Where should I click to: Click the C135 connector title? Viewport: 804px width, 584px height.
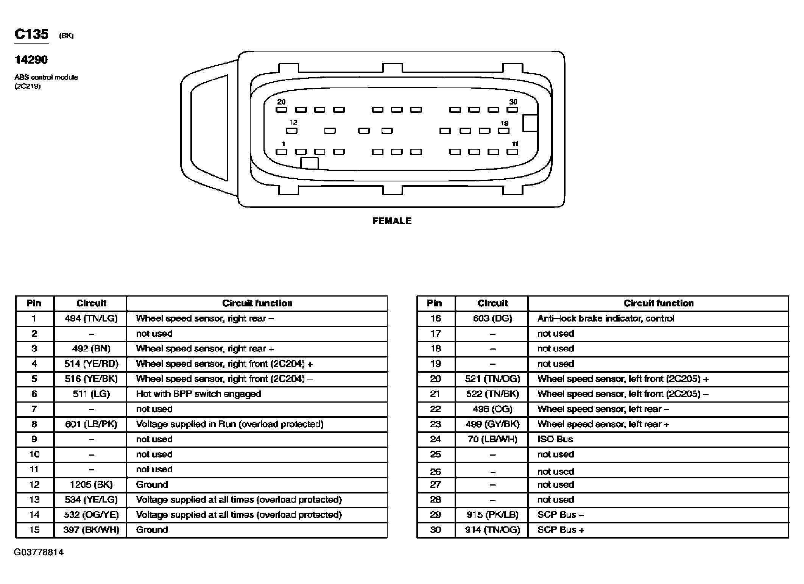click(x=31, y=34)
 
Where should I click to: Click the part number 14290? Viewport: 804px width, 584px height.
click(x=31, y=59)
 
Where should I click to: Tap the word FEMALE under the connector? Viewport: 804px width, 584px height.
click(x=392, y=221)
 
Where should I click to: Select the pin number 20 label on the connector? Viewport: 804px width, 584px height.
click(x=281, y=102)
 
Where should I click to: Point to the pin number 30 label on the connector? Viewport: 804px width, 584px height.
click(x=513, y=102)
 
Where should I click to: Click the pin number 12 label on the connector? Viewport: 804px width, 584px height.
click(x=293, y=122)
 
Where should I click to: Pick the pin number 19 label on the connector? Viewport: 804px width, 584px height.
click(x=504, y=123)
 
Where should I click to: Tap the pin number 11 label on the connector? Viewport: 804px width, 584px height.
click(x=515, y=144)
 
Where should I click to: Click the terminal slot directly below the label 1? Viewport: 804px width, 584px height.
click(x=281, y=152)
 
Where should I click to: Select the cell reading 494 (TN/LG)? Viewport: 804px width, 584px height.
click(x=91, y=319)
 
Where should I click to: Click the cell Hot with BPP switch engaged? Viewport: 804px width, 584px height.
click(x=198, y=394)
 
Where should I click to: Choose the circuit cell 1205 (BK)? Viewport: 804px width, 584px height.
click(x=91, y=484)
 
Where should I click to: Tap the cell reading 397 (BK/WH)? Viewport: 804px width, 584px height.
click(x=91, y=530)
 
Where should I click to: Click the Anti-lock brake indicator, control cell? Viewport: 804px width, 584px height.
click(x=606, y=319)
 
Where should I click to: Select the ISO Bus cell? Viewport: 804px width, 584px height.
click(x=555, y=439)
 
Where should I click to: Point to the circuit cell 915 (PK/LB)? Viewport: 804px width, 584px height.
click(x=492, y=515)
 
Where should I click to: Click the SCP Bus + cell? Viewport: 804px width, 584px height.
click(x=561, y=530)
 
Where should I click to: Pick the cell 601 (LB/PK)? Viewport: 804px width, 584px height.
click(x=91, y=424)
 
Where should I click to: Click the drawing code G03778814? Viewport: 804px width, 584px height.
click(x=39, y=552)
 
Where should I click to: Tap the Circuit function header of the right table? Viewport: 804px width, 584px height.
click(x=658, y=303)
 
